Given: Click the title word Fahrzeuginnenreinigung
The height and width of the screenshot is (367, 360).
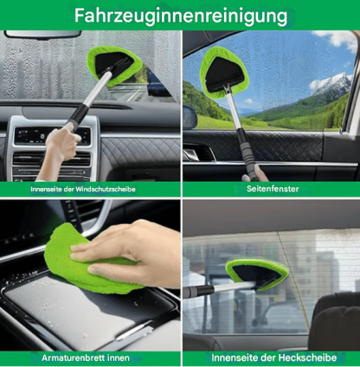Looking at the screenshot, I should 180,16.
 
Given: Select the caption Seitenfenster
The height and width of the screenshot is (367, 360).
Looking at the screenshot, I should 271,188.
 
